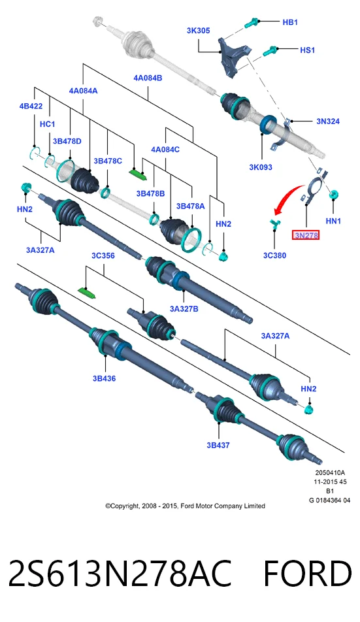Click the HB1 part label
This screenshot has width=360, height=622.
290,22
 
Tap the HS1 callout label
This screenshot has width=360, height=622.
307,50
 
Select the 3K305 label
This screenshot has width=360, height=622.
198,31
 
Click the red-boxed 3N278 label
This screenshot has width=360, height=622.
306,235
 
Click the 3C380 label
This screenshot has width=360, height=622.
274,255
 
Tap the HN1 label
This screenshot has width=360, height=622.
333,221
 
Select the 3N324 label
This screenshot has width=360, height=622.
328,122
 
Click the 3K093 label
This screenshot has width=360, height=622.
261,167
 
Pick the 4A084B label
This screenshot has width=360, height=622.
148,78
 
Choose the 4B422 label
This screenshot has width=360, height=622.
31,106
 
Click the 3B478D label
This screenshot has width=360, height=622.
67,141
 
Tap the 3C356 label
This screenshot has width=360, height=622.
103,256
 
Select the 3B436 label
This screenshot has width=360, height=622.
105,378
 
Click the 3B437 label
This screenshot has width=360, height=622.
218,445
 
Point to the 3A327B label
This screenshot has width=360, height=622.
184,308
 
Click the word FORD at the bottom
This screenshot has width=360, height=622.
308,573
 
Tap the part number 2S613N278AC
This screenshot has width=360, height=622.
120,573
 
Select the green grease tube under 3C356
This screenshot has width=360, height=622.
88,293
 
